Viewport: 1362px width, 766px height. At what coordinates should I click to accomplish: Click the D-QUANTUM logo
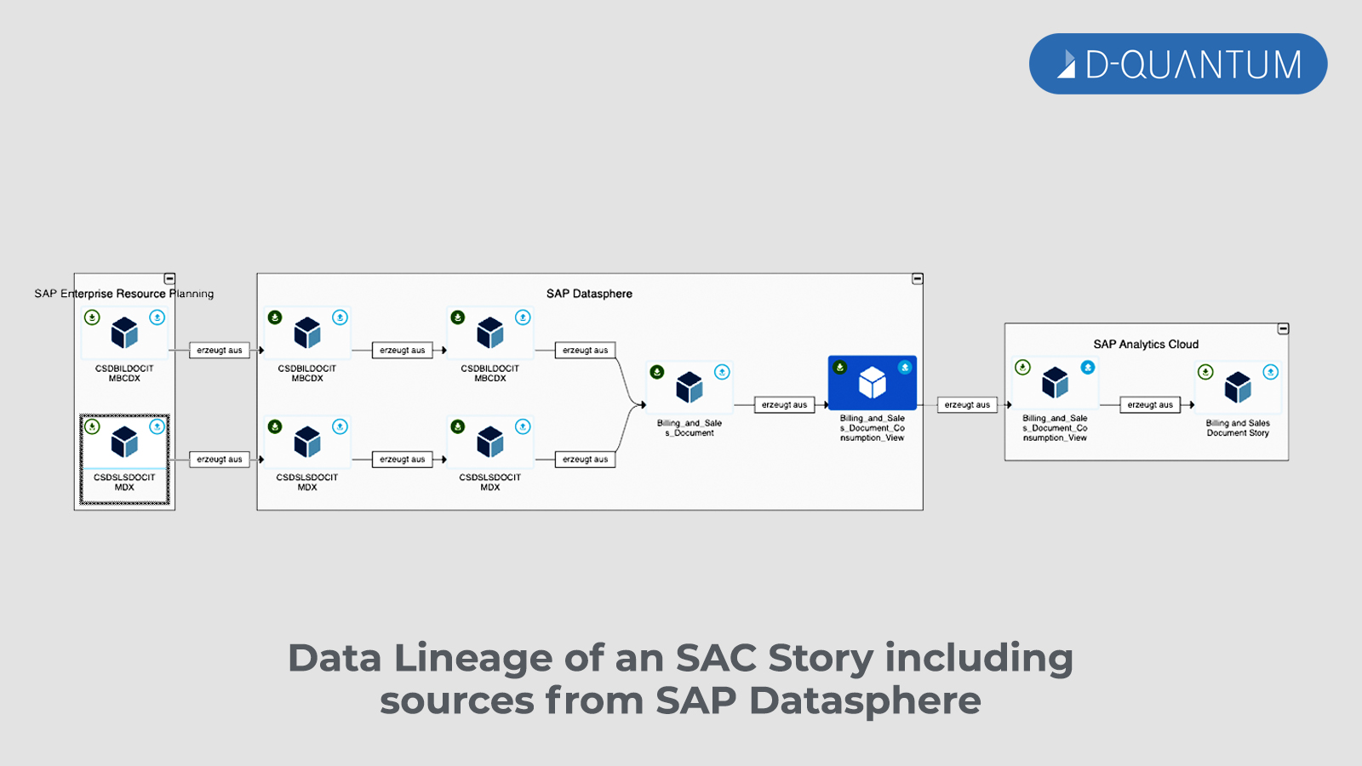click(1178, 64)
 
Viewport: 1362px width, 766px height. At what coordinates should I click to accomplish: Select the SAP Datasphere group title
click(589, 294)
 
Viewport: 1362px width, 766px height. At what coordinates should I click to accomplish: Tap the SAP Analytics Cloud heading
click(1146, 344)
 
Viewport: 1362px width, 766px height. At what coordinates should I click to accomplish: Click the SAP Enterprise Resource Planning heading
click(124, 294)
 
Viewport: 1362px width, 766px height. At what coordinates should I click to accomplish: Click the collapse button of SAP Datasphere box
click(918, 279)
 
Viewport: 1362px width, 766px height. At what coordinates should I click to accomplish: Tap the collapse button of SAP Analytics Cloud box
click(1283, 329)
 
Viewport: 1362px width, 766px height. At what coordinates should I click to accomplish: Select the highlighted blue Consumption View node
click(873, 383)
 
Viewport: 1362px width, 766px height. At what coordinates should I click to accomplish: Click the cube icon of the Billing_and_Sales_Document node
click(690, 387)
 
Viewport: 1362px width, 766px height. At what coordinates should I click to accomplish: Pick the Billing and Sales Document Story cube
click(1238, 387)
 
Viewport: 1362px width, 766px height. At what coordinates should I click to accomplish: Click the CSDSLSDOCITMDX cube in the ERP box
click(124, 443)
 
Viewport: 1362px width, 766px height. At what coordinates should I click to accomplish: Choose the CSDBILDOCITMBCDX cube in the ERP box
click(124, 333)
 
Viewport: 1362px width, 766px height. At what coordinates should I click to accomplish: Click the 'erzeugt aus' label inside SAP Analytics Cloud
click(1150, 405)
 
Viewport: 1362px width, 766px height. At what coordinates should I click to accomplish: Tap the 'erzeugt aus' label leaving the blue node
click(967, 405)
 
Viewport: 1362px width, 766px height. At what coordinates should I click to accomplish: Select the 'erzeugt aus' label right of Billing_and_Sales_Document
click(784, 405)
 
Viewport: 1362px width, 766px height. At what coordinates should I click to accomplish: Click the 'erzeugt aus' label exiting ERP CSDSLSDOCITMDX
click(220, 460)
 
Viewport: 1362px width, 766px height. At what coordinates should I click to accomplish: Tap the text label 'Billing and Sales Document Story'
click(1238, 428)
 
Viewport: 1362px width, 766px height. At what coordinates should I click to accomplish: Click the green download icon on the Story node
click(1205, 372)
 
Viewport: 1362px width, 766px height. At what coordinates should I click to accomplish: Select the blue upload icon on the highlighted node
click(905, 368)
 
